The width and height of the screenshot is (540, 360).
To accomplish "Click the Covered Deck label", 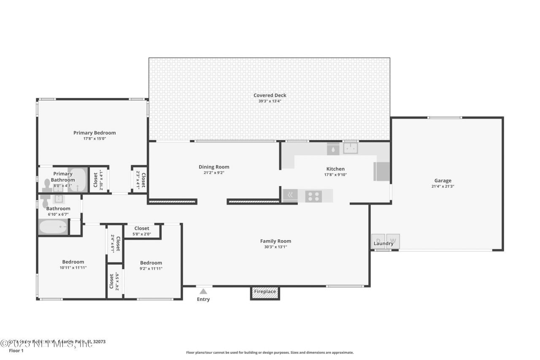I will click(270, 95).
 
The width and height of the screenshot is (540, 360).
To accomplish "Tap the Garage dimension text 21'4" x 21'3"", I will click(443, 186).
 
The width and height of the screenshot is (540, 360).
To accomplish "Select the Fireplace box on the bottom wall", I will click(265, 292).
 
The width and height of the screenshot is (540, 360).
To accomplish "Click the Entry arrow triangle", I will click(203, 291).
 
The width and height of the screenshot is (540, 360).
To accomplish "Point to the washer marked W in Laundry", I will click(393, 241).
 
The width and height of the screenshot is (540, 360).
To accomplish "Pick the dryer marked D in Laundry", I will click(378, 241).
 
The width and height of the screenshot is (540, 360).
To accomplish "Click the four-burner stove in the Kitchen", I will click(313, 196).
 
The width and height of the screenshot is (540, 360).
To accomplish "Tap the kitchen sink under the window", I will click(350, 148).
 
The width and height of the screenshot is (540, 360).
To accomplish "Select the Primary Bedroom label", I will click(94, 133).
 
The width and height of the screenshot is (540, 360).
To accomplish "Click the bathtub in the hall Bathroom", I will click(53, 227).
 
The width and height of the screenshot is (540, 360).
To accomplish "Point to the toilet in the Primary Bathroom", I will click(46, 184).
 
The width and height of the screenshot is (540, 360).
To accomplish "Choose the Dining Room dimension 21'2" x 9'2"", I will click(214, 173).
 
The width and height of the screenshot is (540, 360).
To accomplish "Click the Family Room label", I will click(275, 241).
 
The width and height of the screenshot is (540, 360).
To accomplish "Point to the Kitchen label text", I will click(335, 169).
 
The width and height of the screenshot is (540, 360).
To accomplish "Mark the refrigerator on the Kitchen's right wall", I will click(382, 171).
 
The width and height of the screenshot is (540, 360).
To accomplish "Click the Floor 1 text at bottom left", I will click(16, 351).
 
